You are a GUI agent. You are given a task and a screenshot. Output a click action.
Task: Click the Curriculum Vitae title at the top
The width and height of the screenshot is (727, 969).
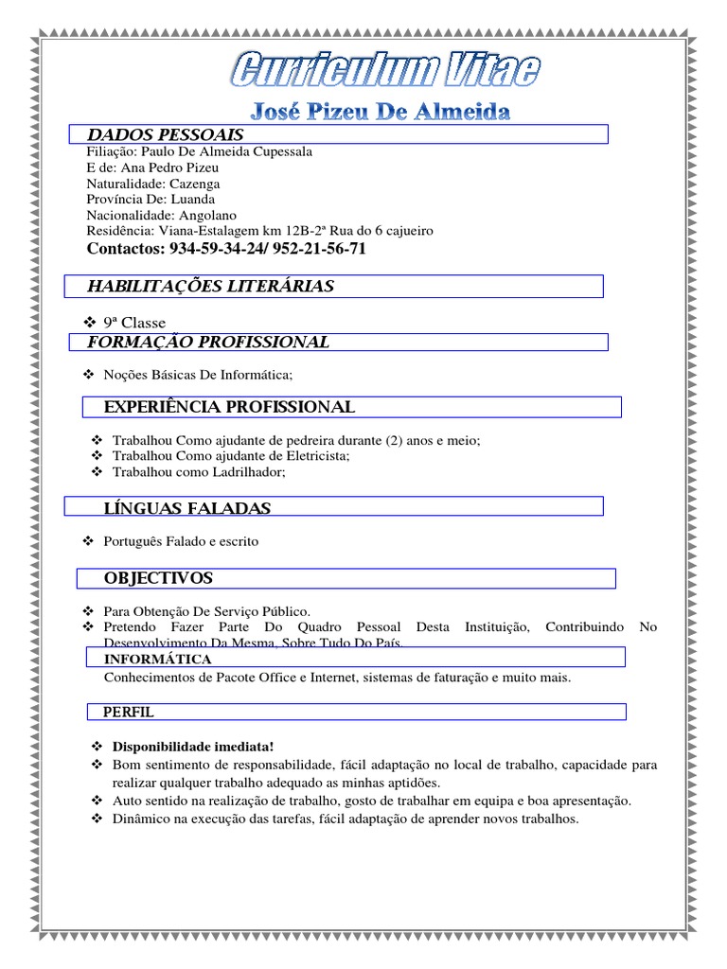tap(387, 70)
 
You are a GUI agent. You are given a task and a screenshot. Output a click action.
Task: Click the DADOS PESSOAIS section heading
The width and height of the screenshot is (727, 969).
tap(165, 135)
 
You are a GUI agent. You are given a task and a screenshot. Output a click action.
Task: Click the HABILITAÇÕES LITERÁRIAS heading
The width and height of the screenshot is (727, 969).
tap(210, 287)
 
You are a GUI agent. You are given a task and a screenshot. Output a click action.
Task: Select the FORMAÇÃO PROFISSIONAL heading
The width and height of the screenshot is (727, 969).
tap(207, 342)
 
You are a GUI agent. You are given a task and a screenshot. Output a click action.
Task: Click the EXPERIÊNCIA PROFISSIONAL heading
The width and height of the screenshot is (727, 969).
tap(229, 407)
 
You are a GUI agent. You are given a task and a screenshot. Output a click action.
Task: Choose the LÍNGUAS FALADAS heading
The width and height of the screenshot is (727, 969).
tap(186, 509)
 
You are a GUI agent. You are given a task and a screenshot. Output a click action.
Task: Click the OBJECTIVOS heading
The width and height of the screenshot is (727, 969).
tap(158, 578)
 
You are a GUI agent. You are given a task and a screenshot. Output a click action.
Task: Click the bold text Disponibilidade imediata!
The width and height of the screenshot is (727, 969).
tap(180, 746)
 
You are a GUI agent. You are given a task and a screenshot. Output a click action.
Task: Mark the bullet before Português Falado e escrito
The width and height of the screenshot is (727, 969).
tap(88, 541)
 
